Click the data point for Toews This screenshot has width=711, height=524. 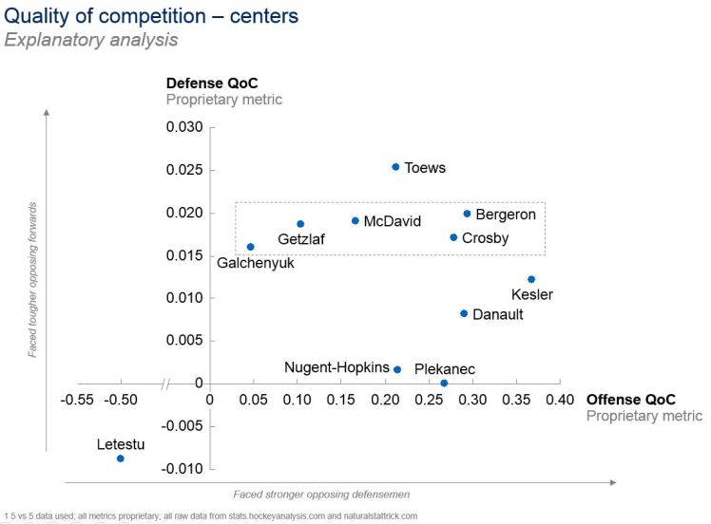395,167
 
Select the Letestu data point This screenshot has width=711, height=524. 121,458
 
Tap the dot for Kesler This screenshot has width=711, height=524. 531,279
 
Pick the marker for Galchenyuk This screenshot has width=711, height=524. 251,247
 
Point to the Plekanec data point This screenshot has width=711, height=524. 444,384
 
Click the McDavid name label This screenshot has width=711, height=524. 393,221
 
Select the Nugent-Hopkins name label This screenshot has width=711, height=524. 336,367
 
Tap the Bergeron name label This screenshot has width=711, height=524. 506,215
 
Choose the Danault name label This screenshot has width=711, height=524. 497,314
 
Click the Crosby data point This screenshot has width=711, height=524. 453,237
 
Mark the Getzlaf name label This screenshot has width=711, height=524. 301,239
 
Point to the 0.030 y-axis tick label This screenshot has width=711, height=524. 184,127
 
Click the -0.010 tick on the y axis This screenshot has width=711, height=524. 183,469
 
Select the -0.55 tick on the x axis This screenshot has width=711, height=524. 77,401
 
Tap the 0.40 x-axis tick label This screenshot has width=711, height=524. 560,401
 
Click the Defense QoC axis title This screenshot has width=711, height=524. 212,84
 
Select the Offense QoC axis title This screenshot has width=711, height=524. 631,400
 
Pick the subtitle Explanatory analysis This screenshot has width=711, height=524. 90,40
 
